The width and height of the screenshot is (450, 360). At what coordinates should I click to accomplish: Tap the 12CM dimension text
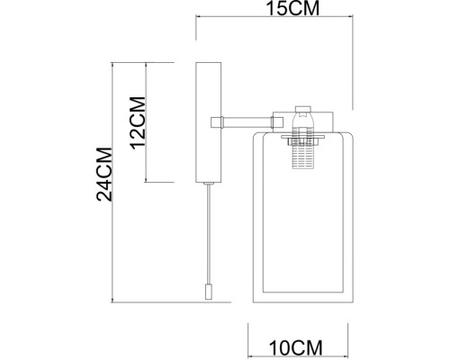(x=138, y=123)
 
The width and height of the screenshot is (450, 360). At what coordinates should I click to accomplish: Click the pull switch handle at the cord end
(x=209, y=292)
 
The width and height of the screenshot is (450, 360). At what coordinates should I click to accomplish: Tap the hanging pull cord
(x=209, y=234)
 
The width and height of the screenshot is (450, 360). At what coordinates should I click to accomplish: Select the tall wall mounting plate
(x=208, y=122)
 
